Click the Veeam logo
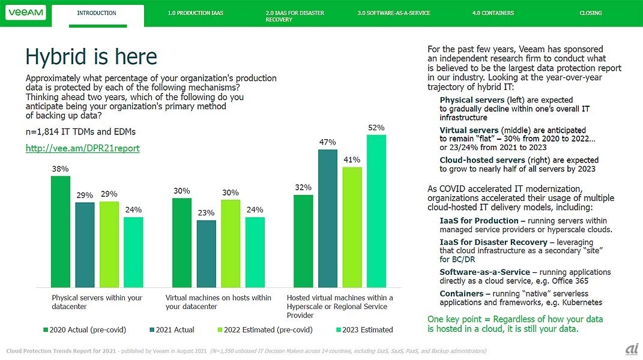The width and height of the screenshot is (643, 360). [25, 13]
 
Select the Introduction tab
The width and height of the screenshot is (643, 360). [97, 13]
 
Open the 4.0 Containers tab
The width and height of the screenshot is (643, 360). [493, 13]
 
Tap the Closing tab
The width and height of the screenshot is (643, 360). [590, 13]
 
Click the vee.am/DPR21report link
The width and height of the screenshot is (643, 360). [82, 148]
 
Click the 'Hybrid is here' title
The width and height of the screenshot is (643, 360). [91, 57]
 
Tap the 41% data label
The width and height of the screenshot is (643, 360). [352, 160]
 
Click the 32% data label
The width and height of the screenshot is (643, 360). [303, 188]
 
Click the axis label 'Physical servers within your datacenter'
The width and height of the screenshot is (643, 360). [97, 302]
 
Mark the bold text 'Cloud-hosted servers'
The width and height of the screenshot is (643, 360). [482, 160]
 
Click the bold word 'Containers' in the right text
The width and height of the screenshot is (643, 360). [461, 293]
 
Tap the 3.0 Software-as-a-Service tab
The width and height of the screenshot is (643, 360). [393, 13]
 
